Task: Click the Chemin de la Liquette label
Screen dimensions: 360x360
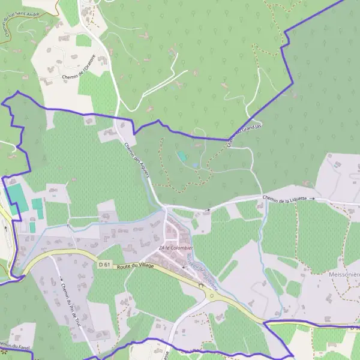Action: point(284,199)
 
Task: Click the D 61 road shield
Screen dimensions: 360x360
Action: point(104,264)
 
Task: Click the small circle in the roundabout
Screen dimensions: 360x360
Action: point(211,295)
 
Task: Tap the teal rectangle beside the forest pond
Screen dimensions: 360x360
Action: point(182,156)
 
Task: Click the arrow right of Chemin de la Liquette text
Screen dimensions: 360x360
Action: point(312,198)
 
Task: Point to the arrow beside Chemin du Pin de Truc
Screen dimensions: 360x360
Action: point(61,279)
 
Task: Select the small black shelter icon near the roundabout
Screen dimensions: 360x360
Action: point(202,285)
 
